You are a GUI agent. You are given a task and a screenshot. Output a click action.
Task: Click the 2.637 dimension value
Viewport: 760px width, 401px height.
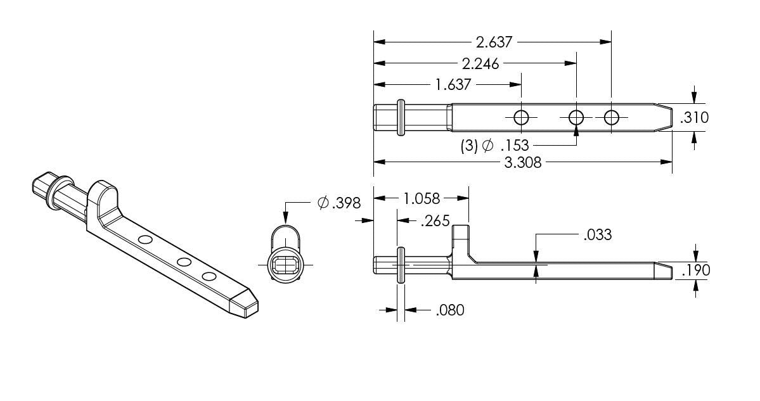[x=493, y=42]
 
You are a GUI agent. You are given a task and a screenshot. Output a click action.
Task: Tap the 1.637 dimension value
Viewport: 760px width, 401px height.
[x=454, y=84]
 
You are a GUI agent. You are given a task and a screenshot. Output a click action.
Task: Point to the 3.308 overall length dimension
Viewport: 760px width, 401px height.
[x=522, y=163]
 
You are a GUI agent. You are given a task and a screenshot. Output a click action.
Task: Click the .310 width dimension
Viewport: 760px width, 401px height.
[x=694, y=118]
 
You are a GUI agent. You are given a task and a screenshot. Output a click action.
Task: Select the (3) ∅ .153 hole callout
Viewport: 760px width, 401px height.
[x=494, y=146]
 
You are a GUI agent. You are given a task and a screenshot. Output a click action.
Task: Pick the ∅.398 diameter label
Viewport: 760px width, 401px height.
[x=338, y=203]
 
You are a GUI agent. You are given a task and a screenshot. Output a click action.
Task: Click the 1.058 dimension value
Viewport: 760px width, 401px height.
[x=421, y=199]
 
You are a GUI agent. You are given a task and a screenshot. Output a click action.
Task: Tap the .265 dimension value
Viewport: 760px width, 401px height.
[x=434, y=221]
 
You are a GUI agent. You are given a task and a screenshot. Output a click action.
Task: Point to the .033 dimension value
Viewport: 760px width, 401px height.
[x=596, y=235]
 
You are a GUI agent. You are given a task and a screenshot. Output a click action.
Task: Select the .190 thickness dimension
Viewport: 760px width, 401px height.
[x=695, y=271]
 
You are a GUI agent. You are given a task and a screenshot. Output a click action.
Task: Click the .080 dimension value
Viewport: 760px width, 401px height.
[x=449, y=310]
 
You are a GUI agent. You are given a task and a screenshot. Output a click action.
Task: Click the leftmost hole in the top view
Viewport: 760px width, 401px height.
[x=521, y=118]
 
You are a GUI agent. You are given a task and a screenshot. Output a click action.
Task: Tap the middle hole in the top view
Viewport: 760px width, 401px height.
[x=576, y=118]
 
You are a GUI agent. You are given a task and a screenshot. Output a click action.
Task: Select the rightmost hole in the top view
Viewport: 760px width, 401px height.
[x=611, y=118]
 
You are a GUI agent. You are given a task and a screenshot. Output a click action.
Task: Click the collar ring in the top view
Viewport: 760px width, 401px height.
[x=401, y=117]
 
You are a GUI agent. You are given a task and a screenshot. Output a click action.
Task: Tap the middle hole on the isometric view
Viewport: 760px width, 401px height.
[x=184, y=262]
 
